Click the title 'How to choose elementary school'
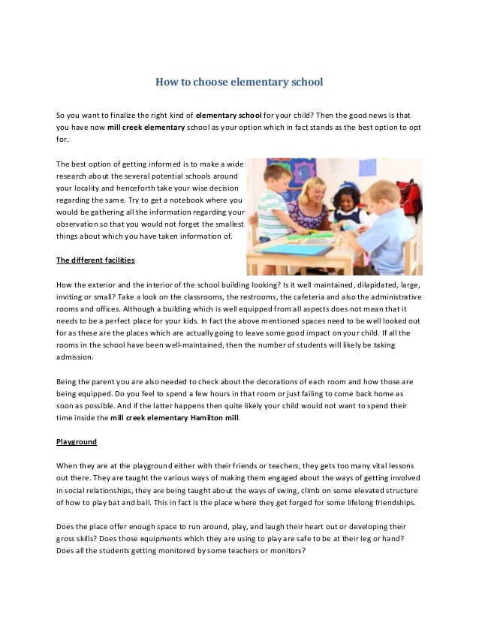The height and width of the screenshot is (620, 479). [239, 81]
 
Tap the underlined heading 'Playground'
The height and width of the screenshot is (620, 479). [77, 441]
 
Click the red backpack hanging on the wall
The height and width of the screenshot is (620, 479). [409, 193]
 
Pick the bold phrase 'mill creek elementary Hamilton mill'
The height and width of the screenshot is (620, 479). [176, 417]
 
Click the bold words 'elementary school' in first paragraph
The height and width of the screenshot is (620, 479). [229, 116]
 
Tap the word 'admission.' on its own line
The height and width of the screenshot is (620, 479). [75, 357]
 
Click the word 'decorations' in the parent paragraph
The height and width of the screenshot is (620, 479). [275, 381]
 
